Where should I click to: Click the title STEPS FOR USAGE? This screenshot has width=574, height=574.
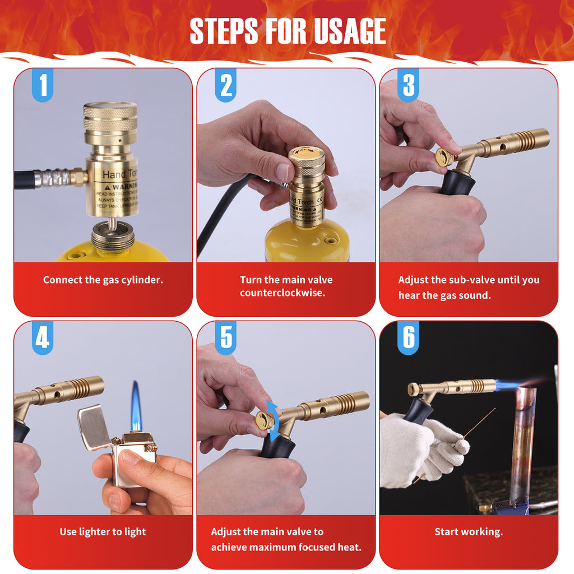[x=288, y=31]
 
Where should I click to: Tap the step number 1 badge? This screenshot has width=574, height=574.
[x=43, y=86]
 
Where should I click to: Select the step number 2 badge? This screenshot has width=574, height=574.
[x=225, y=86]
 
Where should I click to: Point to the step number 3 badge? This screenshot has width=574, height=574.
[x=408, y=86]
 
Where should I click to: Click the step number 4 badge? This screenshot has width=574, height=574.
[x=43, y=338]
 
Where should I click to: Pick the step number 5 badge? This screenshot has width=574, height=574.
[x=225, y=338]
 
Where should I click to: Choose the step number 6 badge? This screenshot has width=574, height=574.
[x=408, y=338]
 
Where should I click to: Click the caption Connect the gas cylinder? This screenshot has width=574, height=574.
[x=103, y=280]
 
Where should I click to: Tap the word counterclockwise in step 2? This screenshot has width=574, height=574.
[x=283, y=293]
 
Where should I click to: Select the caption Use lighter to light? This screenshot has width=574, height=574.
[x=103, y=532]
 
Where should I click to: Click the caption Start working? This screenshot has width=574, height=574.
[x=469, y=532]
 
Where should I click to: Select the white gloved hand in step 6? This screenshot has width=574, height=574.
[x=412, y=448]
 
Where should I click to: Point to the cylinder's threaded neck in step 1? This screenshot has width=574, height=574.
[x=113, y=236]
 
